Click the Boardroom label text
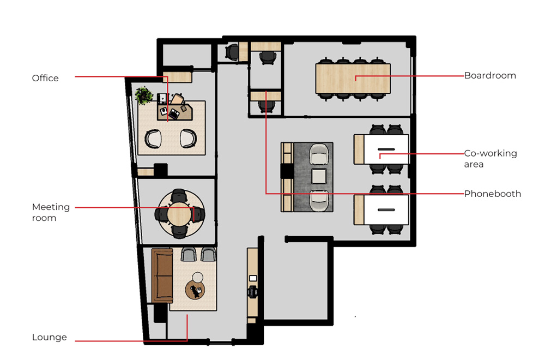[490, 75]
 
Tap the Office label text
[45, 78]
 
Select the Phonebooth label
[493, 194]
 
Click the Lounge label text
[50, 337]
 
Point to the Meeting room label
[51, 212]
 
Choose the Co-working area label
[491, 159]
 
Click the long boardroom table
[353, 78]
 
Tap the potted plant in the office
[143, 95]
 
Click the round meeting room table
[179, 214]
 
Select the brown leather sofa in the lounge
[162, 275]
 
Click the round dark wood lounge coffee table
[195, 290]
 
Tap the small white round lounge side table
[198, 277]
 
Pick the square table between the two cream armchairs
[319, 176]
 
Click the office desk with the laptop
[175, 111]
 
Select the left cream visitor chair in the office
[153, 139]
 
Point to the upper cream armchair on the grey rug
[319, 154]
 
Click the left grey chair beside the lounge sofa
[189, 255]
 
